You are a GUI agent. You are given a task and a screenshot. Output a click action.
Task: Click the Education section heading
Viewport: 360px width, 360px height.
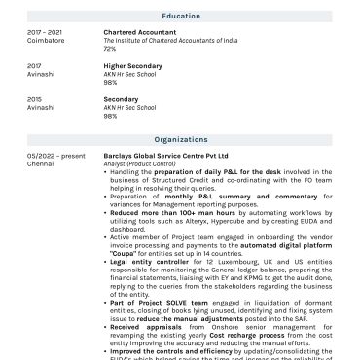click(181, 16)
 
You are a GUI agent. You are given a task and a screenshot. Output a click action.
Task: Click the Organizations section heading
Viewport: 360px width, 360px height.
click(181, 140)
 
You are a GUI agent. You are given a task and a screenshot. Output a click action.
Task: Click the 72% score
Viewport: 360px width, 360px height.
click(110, 48)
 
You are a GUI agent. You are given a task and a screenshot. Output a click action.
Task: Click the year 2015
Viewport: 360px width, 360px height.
click(34, 99)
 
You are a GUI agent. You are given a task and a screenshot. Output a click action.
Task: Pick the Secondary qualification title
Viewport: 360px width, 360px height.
click(123, 99)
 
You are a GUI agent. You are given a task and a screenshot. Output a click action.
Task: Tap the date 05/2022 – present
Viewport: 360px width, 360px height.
click(55, 156)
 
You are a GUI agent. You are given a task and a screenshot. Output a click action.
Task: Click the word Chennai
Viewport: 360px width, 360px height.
click(40, 163)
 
